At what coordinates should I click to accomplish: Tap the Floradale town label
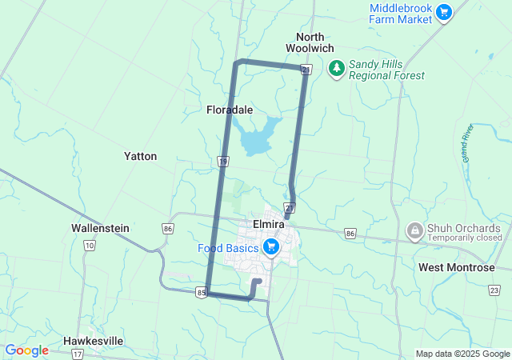tap(230, 110)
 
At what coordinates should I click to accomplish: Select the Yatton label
tap(140, 156)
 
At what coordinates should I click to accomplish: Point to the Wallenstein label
tap(100, 228)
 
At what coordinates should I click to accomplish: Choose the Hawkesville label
tap(94, 341)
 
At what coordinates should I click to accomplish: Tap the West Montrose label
tap(456, 267)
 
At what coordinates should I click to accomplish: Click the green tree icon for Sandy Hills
tap(336, 70)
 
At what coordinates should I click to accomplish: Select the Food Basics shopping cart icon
tap(271, 247)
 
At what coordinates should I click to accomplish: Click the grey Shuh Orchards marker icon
tap(415, 232)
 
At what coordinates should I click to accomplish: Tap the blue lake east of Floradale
tap(258, 137)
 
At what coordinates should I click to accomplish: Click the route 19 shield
tap(223, 162)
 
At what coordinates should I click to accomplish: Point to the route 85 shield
tap(202, 294)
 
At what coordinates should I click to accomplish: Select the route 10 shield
tap(87, 245)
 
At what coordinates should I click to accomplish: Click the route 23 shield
tap(494, 290)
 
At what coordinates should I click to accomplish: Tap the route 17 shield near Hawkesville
tap(77, 354)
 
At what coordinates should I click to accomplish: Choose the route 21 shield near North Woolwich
tap(306, 71)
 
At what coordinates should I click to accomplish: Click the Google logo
tap(26, 350)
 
